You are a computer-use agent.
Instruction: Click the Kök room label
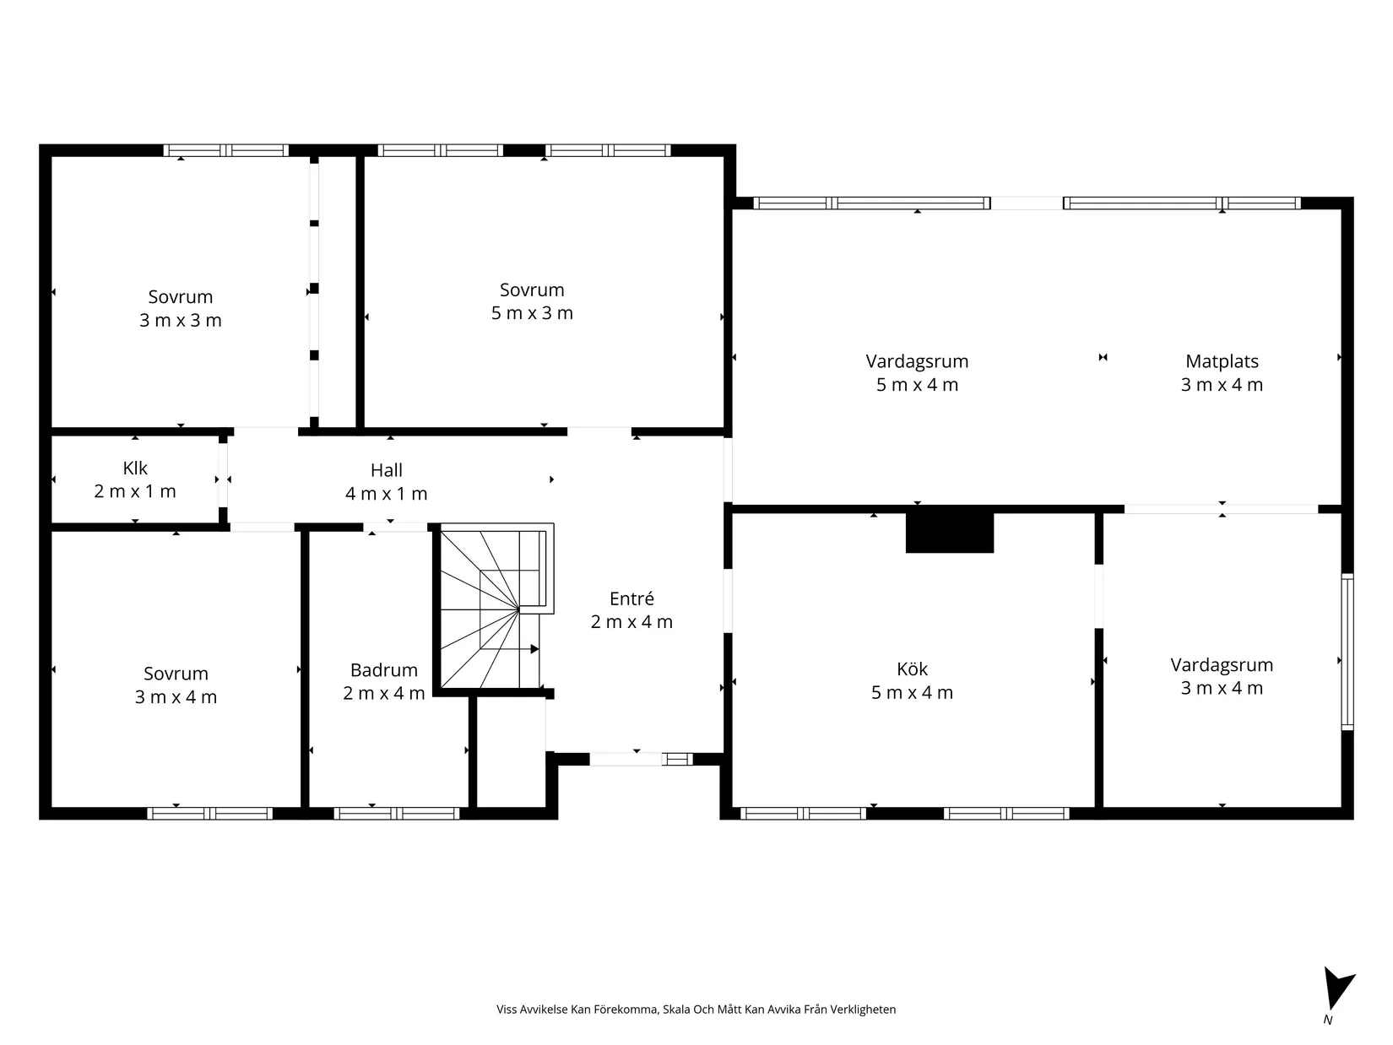click(x=912, y=680)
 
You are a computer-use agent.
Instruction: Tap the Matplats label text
click(x=1222, y=372)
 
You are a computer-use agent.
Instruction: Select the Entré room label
click(x=631, y=609)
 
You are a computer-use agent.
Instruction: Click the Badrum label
click(x=384, y=681)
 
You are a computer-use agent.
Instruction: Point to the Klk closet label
click(x=135, y=479)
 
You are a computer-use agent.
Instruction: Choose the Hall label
click(x=386, y=482)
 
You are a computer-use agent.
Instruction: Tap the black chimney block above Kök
click(x=949, y=532)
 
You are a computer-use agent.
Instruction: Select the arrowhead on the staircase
click(x=534, y=649)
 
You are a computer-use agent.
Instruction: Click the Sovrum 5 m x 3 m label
click(x=532, y=301)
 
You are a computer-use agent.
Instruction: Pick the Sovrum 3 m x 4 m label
click(x=176, y=685)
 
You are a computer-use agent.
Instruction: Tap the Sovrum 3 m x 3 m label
click(x=180, y=308)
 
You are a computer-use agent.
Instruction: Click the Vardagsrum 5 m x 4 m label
click(x=917, y=372)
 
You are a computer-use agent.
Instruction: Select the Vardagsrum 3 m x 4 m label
click(x=1222, y=675)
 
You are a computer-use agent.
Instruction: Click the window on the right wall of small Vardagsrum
click(x=1347, y=651)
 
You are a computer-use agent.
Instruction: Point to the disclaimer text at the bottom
click(x=696, y=1010)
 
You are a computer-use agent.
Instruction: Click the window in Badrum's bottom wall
click(x=397, y=814)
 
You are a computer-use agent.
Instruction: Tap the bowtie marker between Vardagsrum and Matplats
click(x=1103, y=357)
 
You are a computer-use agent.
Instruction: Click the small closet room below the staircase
click(x=510, y=751)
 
